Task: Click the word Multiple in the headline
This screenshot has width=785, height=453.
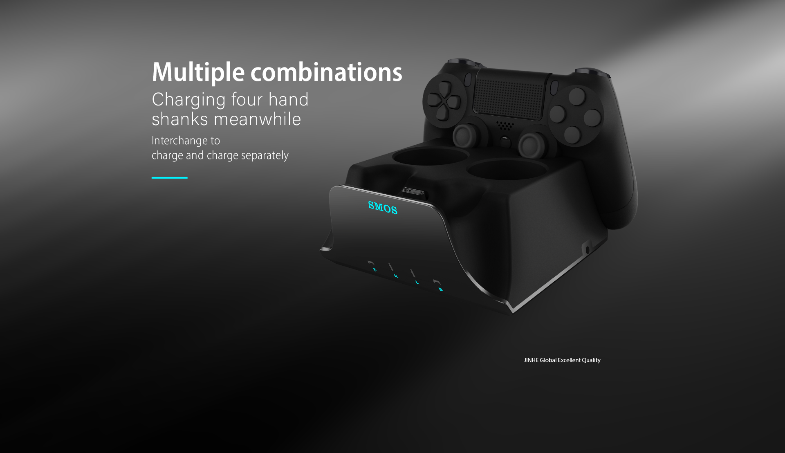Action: (198, 72)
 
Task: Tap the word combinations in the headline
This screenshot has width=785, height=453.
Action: (326, 72)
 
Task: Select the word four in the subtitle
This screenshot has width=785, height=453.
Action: (247, 99)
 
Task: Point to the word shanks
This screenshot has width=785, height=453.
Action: (180, 119)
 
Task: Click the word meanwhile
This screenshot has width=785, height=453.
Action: (258, 119)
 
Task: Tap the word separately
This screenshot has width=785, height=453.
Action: (265, 155)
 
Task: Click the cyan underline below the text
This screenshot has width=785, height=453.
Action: (170, 177)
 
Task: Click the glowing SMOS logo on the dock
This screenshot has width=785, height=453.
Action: (383, 208)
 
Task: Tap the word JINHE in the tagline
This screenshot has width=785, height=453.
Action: (531, 360)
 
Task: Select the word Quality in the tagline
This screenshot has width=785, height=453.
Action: (591, 360)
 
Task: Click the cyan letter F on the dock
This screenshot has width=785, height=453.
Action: (375, 270)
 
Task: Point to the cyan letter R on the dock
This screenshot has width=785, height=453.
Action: (395, 276)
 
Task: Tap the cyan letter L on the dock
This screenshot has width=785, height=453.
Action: (417, 283)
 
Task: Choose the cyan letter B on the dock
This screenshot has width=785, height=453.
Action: (440, 289)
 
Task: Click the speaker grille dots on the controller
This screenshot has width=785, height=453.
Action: (505, 125)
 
